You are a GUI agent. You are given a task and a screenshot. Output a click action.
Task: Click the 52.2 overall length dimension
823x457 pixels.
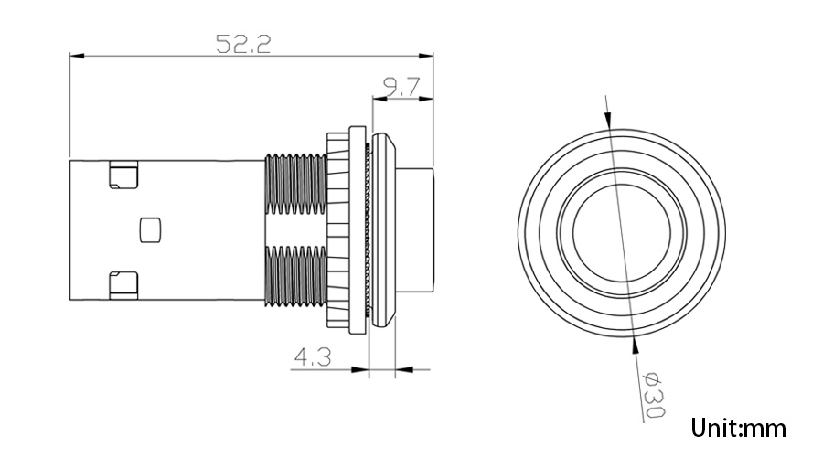(x=242, y=44)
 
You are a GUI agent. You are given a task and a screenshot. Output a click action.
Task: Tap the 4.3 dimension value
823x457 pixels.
(x=311, y=357)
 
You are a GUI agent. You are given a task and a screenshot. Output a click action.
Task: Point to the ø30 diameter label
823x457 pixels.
(x=651, y=396)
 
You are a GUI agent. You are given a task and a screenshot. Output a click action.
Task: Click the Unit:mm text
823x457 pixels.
(x=738, y=428)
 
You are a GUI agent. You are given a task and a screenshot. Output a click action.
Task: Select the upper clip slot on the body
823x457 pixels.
(x=123, y=175)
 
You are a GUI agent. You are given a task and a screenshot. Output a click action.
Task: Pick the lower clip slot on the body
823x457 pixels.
(x=123, y=284)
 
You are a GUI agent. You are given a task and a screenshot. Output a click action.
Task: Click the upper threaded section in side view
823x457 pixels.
(x=294, y=182)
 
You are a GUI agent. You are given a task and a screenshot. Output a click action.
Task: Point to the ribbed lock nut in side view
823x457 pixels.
(x=339, y=228)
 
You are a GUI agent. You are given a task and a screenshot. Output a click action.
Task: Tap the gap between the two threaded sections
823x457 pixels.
(x=294, y=229)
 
